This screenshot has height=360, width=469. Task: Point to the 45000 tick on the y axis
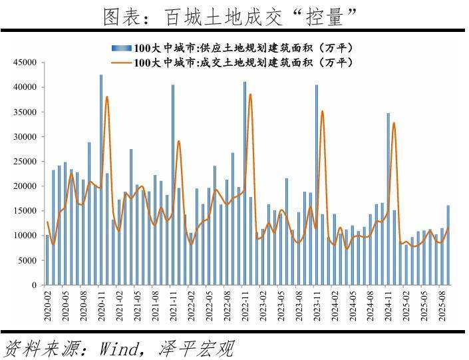pos(26,63)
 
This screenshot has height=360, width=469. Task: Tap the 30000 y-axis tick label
pos(26,136)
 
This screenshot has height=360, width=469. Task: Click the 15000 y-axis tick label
pos(26,211)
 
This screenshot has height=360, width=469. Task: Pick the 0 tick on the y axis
pos(33,285)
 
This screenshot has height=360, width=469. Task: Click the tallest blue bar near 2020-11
pos(101,180)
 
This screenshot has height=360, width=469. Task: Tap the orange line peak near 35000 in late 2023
pos(323,111)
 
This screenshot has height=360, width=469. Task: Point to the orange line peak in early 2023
pos(251,94)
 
